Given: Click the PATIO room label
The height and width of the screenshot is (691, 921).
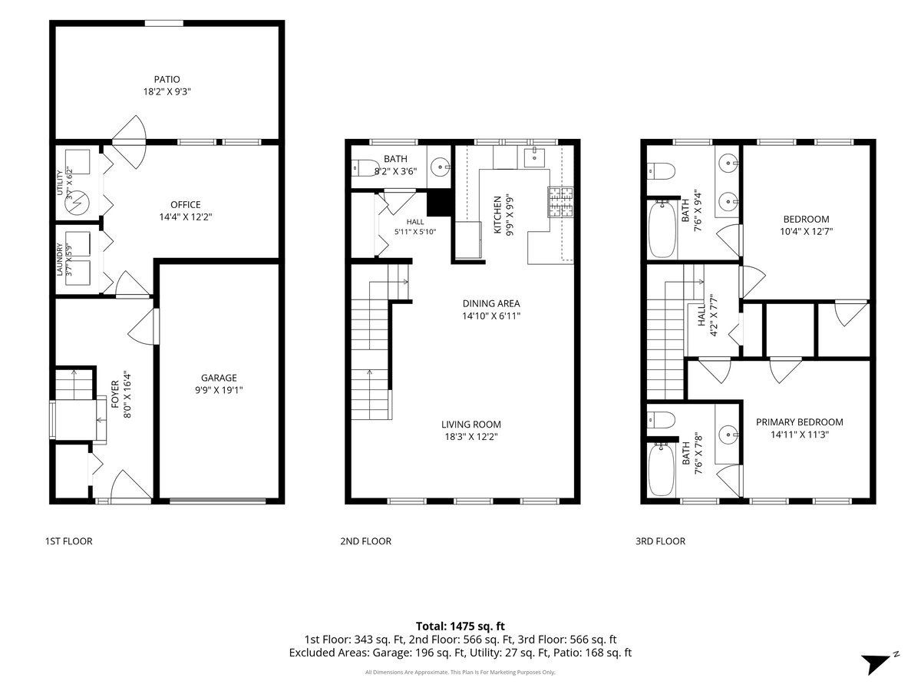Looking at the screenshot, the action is tap(167, 79).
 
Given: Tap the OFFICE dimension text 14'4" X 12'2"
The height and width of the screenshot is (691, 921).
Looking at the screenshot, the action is tap(186, 217).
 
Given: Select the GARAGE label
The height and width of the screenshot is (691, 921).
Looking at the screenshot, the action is tap(219, 378).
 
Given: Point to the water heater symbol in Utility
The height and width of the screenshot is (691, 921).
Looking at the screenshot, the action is tap(78, 203).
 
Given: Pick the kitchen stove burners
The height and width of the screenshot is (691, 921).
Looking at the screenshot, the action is tap(560, 202).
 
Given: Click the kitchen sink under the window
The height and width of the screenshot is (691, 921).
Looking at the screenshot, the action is tap(534, 157).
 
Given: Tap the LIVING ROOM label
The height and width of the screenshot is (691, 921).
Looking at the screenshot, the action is tap(470, 424).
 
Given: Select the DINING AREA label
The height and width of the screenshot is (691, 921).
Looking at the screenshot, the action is tap(491, 303).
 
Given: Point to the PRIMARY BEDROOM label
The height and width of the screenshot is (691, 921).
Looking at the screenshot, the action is tap(799, 422).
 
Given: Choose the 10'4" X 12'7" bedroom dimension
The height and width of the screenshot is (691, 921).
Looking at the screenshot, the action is tap(806, 231).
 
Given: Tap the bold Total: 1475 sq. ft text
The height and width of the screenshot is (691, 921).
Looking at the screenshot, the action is tap(460, 626).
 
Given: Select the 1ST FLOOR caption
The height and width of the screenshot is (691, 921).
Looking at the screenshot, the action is tap(69, 541).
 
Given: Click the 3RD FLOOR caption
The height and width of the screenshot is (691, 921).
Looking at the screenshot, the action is tap(661, 541).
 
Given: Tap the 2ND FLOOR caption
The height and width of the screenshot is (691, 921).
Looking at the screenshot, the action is tap(366, 541).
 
